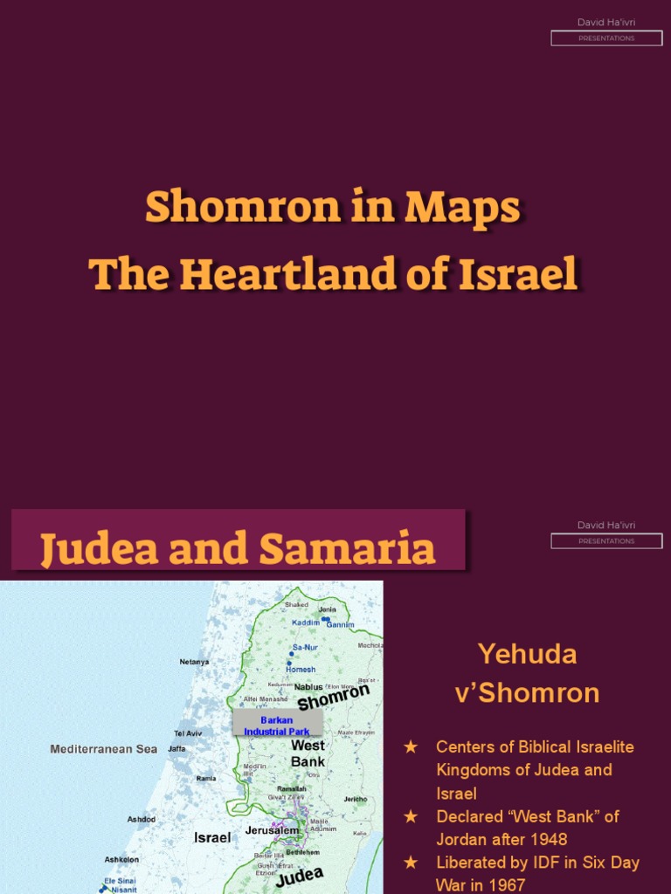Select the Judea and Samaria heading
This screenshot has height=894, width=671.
(238, 548)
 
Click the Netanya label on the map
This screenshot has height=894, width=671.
(194, 662)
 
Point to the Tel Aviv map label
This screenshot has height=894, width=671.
(188, 733)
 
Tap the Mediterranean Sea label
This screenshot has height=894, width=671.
(103, 749)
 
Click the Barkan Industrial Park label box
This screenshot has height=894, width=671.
(277, 726)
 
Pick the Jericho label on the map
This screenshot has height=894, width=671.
(356, 799)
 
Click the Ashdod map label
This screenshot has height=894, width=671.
(142, 819)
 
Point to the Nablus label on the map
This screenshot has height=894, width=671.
(308, 687)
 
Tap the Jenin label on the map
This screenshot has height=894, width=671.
(327, 609)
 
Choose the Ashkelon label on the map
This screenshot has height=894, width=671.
(123, 859)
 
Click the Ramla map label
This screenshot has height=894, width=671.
(206, 778)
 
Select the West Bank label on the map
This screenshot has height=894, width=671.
(308, 753)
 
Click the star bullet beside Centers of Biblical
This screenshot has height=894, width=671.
(411, 747)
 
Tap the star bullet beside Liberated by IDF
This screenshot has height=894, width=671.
(411, 863)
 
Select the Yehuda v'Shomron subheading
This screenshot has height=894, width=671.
(527, 673)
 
